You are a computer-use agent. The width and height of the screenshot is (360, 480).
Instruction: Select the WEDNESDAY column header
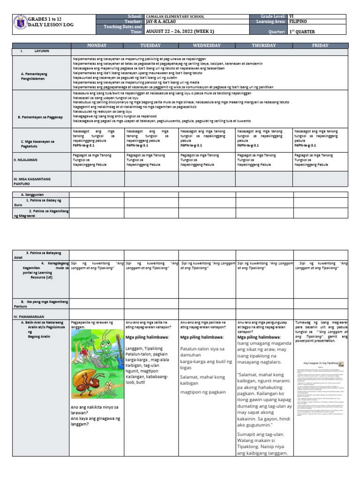pyautogui.click(x=207, y=45)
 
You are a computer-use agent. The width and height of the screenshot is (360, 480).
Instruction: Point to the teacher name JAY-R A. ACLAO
pyautogui.click(x=159, y=22)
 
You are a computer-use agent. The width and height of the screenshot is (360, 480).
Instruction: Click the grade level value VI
pyautogui.click(x=292, y=16)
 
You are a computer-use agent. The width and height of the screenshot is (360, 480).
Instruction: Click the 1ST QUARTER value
pyautogui.click(x=303, y=32)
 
